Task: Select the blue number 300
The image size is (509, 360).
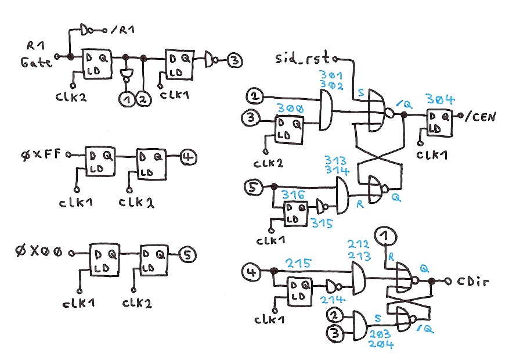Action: pos(288,109)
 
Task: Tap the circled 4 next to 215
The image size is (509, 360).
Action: pos(250,271)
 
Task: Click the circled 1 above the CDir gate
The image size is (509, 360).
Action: pos(386,236)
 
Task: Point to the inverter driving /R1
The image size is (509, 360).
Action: pos(88,28)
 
